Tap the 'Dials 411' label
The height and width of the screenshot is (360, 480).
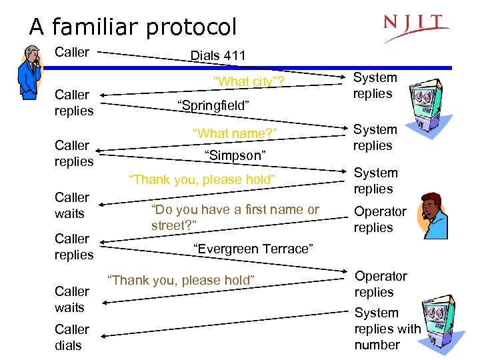point(218,55)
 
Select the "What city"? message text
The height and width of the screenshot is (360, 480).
point(248,82)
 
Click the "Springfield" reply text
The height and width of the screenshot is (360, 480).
point(213,105)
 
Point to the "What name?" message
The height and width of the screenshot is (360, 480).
point(235,133)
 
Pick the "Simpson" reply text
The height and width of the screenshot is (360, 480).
point(235,155)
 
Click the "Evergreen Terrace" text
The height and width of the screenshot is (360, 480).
point(253,249)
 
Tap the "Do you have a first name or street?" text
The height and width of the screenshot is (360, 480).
point(235,217)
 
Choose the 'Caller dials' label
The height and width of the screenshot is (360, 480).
point(71,337)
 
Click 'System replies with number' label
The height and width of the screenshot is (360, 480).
point(387,329)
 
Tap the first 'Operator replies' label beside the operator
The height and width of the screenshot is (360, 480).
point(380,219)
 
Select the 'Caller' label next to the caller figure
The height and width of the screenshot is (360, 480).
point(71,52)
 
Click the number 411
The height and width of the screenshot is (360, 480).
point(234,55)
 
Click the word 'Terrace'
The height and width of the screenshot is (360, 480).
point(287,249)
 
